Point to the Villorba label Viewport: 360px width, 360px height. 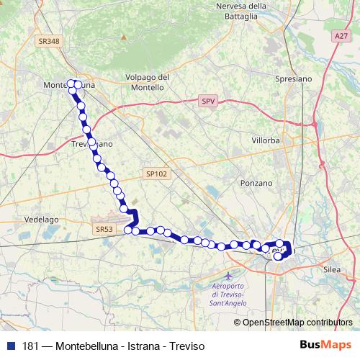[x=265, y=140]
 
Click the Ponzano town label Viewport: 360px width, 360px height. [x=257, y=184]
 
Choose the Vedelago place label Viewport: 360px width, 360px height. [x=42, y=217]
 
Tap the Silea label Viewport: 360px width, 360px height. [x=332, y=268]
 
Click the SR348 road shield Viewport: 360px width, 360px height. [x=48, y=42]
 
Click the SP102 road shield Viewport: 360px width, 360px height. [x=156, y=174]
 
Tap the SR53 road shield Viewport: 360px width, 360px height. [x=104, y=228]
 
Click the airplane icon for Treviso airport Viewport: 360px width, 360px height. [x=229, y=276]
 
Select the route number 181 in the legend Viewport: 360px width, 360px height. [x=30, y=346]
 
